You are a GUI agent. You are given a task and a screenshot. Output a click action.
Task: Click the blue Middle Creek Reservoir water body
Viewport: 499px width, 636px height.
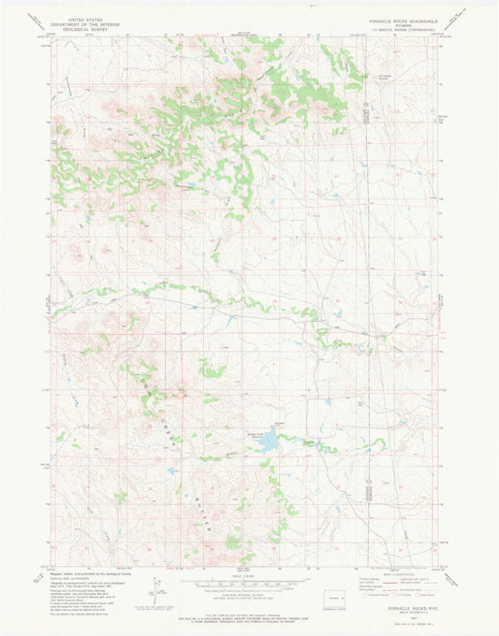pos(267,440)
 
